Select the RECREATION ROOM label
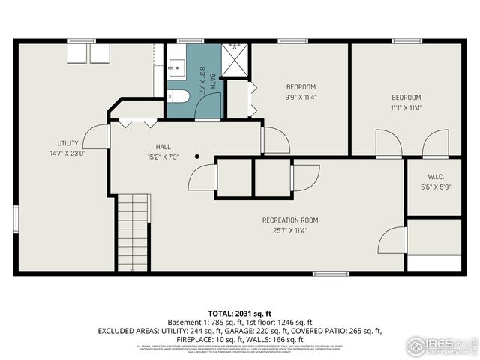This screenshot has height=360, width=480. (290, 220)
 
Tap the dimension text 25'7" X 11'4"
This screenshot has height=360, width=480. (290, 231)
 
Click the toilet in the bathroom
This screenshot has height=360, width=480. (176, 96)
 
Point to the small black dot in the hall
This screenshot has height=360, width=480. (196, 157)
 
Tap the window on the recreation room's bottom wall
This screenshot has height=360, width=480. (331, 274)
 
